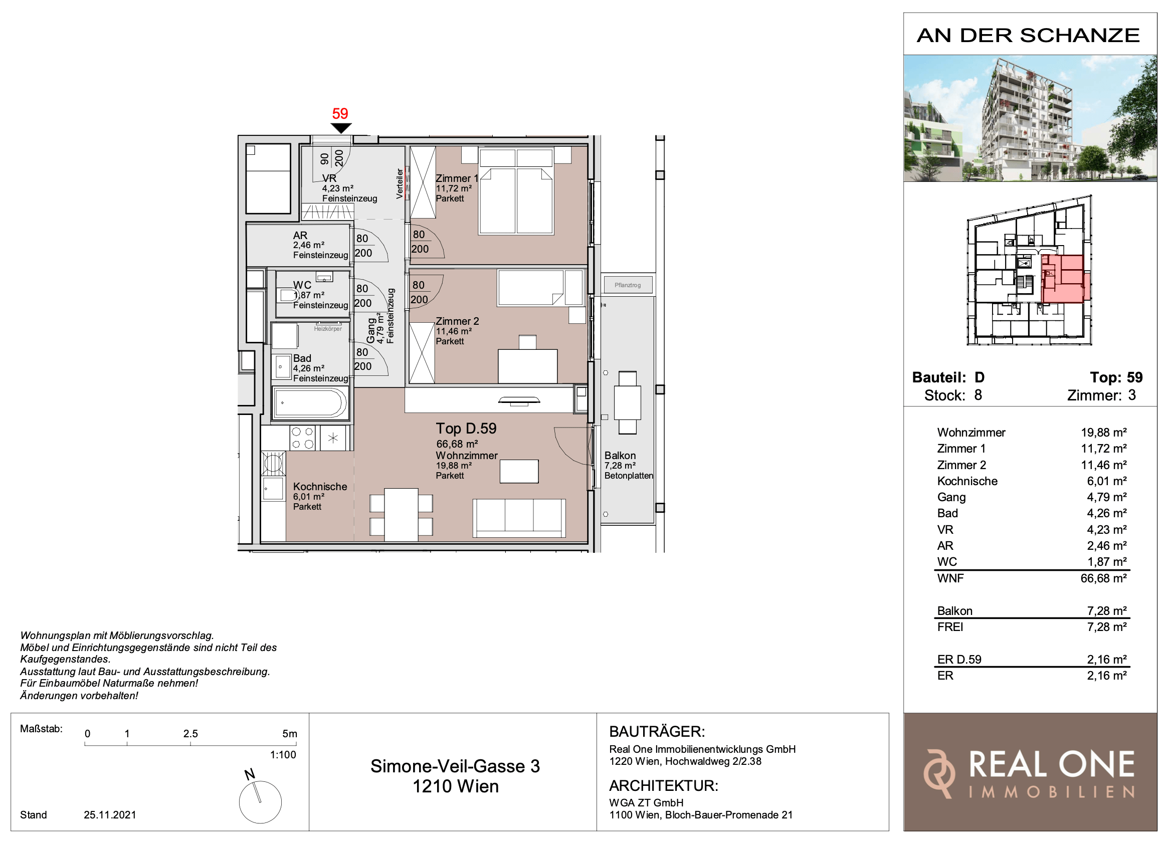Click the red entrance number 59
tap(340, 113)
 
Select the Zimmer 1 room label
tap(457, 178)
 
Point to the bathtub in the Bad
tap(310, 403)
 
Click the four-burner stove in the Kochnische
tap(303, 438)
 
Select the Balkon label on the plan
tap(620, 455)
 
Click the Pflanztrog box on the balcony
tap(628, 285)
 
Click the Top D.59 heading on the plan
tap(466, 429)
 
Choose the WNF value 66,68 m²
tap(1103, 578)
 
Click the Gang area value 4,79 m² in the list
tap(1106, 497)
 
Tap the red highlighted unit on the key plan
tap(1064, 279)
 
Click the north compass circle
tap(260, 802)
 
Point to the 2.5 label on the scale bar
tap(190, 733)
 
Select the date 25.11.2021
tap(110, 815)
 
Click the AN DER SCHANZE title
tap(1029, 36)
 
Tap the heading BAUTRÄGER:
tap(657, 731)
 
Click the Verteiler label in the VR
tap(400, 183)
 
